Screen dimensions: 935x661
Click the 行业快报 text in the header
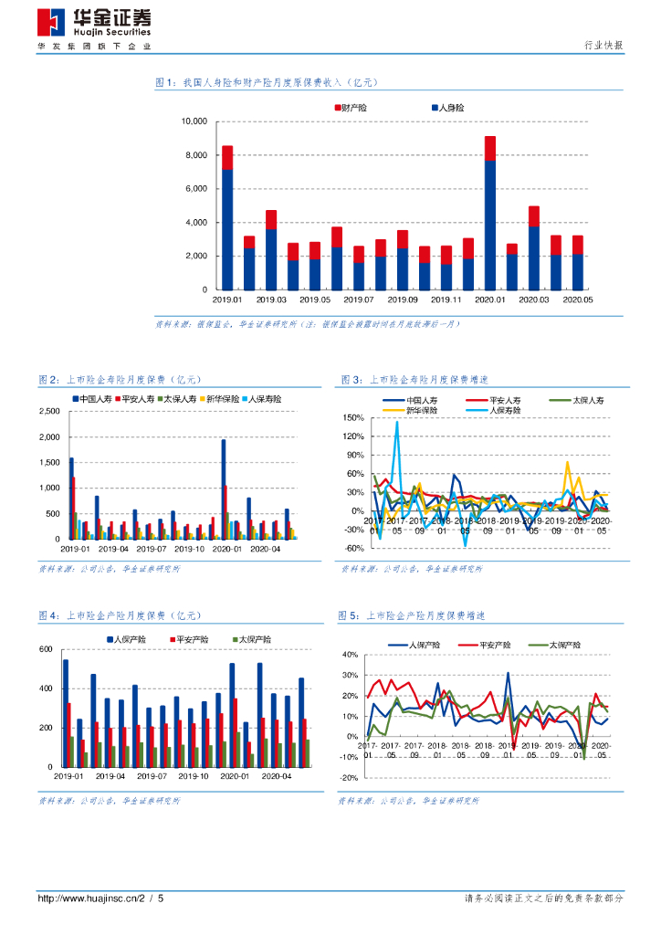(603, 46)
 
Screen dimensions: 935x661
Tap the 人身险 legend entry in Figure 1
(447, 108)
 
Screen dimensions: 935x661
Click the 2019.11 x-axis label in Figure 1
(446, 299)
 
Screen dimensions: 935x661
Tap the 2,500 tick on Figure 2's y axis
(47, 412)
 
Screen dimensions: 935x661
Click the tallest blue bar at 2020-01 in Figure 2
(224, 489)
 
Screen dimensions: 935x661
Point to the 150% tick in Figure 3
(353, 417)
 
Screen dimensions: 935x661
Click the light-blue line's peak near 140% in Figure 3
(397, 423)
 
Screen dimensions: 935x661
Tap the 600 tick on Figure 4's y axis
(46, 649)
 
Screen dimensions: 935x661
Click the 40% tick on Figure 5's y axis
(348, 655)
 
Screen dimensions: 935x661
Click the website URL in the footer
(100, 898)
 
